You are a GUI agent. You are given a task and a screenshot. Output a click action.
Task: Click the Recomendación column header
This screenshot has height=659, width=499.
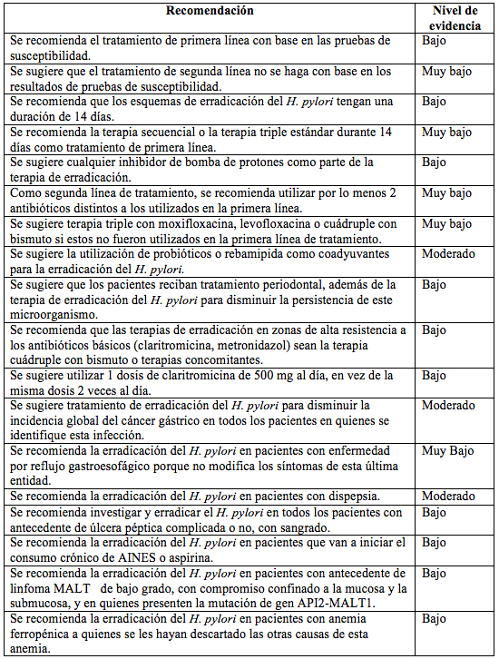click(210, 11)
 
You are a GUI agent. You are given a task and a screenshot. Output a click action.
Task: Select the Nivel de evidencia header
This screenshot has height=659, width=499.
click(453, 17)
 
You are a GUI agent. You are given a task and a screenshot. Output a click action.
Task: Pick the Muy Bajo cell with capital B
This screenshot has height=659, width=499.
click(447, 451)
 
